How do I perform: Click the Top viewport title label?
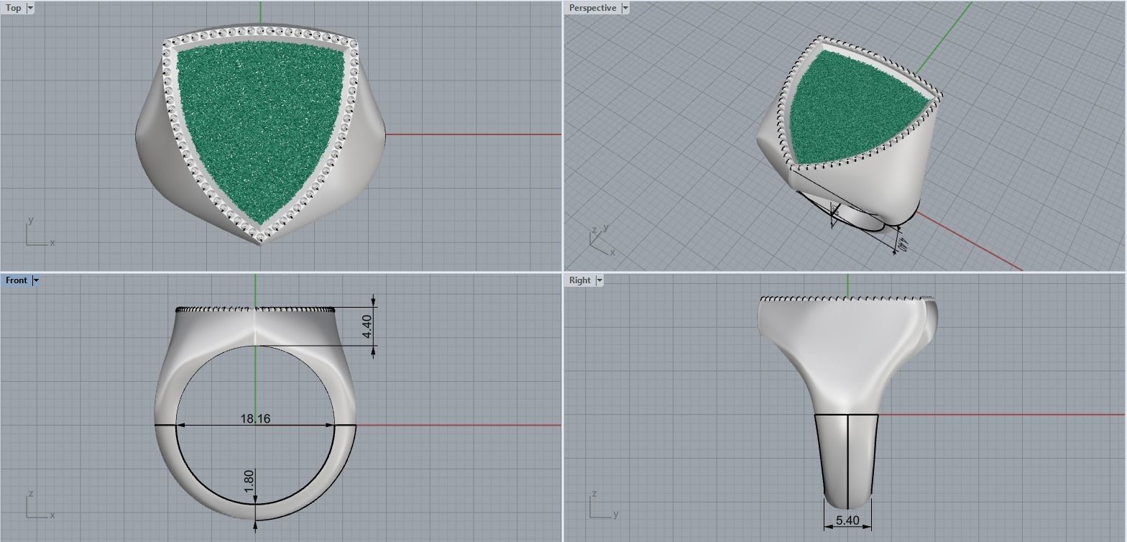(x=13, y=8)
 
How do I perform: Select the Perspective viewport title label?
(x=592, y=8)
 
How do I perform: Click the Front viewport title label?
(x=16, y=280)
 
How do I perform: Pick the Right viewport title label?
(x=579, y=280)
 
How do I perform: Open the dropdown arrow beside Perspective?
(x=625, y=8)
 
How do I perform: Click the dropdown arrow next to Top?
(x=30, y=8)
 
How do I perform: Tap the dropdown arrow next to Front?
(x=36, y=280)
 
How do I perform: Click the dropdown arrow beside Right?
(x=599, y=280)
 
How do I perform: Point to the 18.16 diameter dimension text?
(x=255, y=418)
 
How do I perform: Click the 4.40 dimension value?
(x=367, y=326)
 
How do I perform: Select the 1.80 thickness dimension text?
(x=249, y=481)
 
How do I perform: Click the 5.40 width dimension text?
(x=847, y=520)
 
